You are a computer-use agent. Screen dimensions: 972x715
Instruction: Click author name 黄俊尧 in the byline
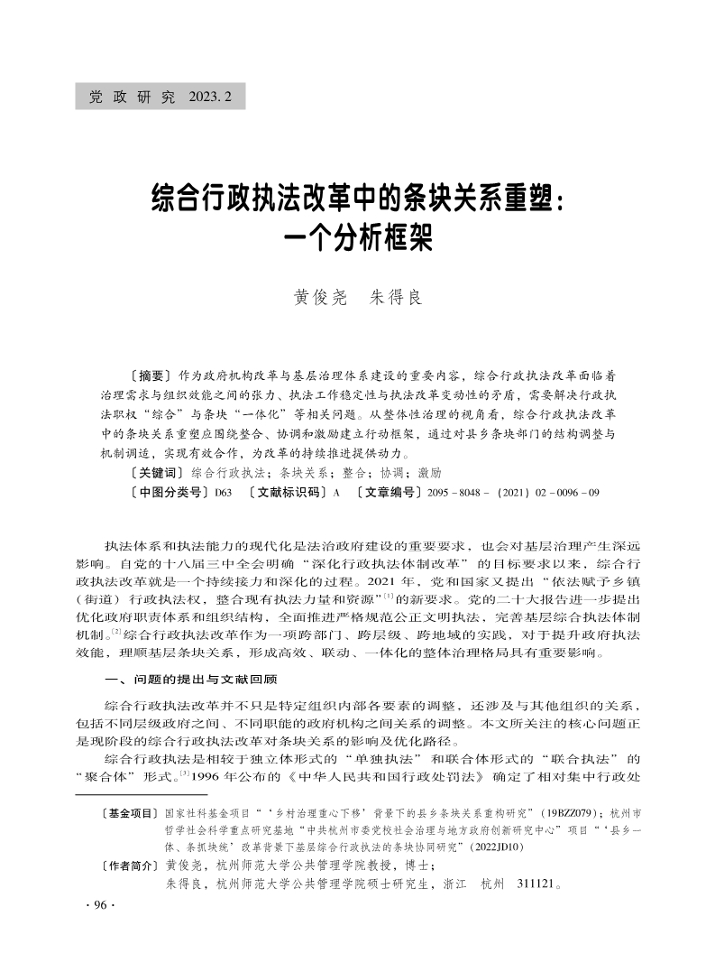(320, 297)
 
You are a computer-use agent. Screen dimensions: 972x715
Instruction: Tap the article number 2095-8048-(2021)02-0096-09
(513, 492)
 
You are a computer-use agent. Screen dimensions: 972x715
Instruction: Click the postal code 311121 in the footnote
(540, 884)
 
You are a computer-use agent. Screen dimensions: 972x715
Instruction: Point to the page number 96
(95, 905)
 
